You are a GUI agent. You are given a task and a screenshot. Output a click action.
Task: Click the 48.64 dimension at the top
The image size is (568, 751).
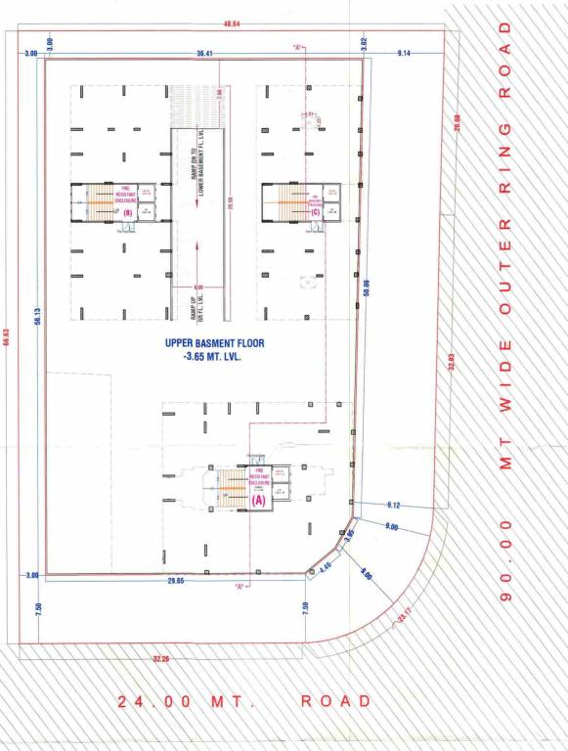[x=233, y=22]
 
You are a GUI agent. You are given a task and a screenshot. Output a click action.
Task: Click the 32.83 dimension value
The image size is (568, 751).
[x=452, y=360]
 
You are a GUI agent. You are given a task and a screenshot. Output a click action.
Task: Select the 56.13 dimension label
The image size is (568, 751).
[x=36, y=315]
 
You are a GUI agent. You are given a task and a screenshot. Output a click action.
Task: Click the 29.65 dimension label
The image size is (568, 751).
[x=176, y=580]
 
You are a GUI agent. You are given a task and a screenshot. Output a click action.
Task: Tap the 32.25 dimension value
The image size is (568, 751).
[x=161, y=658]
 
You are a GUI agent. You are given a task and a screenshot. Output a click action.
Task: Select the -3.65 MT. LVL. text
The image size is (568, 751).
[x=212, y=359]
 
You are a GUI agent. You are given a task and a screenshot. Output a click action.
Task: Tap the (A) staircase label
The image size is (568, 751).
[x=259, y=499]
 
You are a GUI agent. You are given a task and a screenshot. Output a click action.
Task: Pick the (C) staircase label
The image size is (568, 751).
[x=315, y=211]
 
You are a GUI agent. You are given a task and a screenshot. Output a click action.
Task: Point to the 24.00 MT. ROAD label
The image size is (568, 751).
[x=244, y=701]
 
